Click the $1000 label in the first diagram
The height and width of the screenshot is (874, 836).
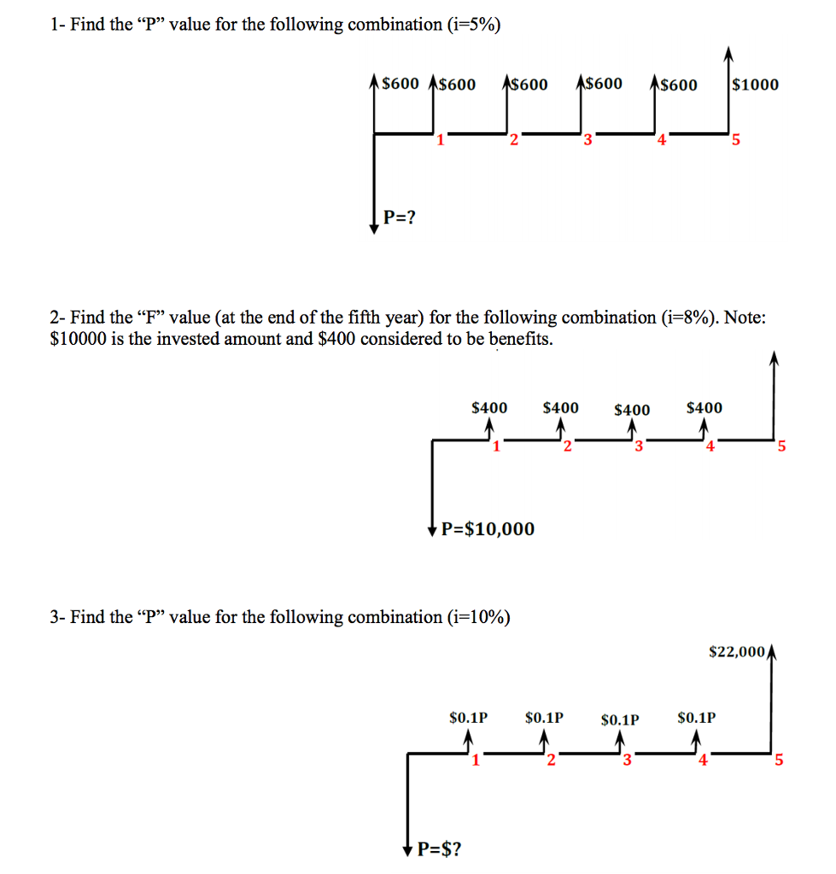point(756,84)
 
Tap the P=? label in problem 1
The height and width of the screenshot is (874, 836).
point(399,217)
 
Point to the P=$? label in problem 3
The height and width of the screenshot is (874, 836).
point(441,849)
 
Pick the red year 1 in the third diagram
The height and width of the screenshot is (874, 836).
point(476,761)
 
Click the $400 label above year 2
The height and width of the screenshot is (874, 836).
point(560,408)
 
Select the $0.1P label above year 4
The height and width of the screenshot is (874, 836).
point(697,718)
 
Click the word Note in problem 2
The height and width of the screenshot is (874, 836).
point(745,318)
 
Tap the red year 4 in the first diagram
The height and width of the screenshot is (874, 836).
point(661,141)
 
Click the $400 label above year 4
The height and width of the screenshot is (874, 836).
point(704,408)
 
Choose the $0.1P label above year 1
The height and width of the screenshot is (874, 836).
point(468,718)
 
